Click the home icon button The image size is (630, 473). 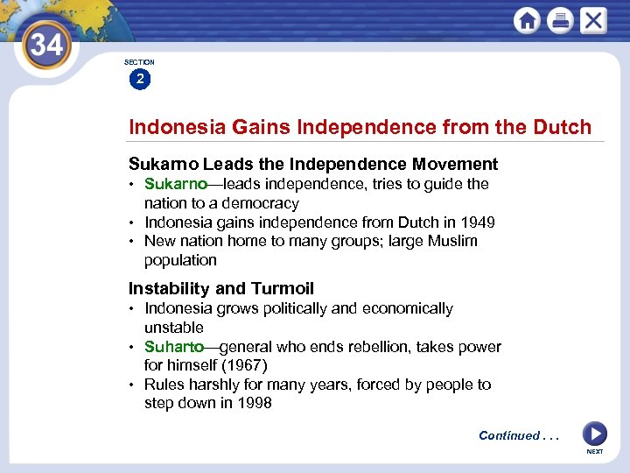tap(527, 20)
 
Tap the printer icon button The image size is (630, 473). tap(560, 20)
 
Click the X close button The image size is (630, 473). tap(593, 20)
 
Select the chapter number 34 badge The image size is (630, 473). tap(45, 46)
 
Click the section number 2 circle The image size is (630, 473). tap(139, 80)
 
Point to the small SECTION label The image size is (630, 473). tap(139, 62)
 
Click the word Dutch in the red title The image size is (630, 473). tap(562, 127)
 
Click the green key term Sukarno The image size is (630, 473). tap(175, 184)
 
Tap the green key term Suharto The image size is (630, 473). tap(173, 347)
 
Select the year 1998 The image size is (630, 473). tap(255, 403)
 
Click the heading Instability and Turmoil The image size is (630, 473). tap(220, 289)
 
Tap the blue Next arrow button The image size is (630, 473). tap(594, 434)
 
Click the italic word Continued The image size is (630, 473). tap(509, 435)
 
